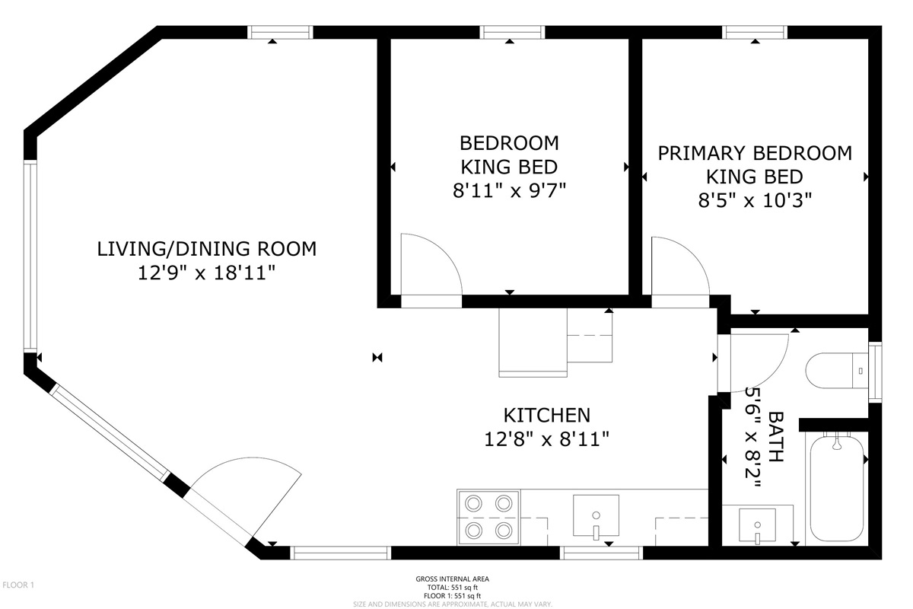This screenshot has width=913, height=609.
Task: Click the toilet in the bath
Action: [837, 371]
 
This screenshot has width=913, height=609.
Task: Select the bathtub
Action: [837, 488]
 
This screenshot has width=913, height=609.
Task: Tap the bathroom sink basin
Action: [757, 525]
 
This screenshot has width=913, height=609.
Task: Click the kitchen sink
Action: [596, 515]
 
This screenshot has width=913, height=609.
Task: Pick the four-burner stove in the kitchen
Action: [488, 518]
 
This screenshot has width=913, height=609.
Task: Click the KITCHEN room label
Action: [546, 415]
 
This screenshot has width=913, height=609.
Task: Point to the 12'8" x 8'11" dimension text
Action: [546, 439]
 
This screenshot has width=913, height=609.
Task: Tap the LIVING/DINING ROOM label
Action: [207, 249]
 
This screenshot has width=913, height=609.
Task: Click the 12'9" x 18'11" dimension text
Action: [207, 273]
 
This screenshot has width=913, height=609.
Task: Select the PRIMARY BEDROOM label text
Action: [755, 153]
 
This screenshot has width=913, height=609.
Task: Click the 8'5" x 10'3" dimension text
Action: [755, 200]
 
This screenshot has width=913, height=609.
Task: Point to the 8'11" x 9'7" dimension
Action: [510, 190]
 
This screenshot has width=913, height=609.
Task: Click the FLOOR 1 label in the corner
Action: [18, 585]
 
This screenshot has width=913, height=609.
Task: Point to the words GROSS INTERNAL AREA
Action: [453, 579]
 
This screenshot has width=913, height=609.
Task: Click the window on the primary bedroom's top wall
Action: [755, 32]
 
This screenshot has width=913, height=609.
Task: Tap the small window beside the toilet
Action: [875, 372]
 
